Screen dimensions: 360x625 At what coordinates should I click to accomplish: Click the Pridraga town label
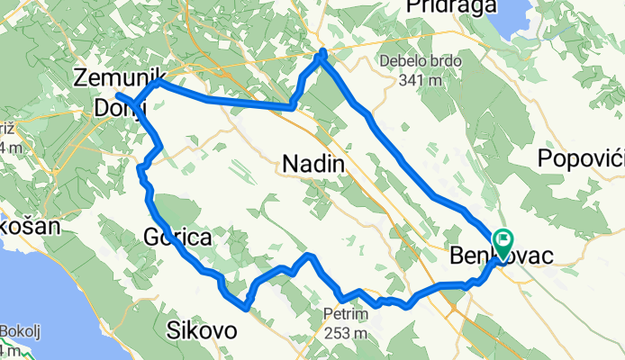[464, 7]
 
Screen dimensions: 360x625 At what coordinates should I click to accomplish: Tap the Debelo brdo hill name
[420, 61]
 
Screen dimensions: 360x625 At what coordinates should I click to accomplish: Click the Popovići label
[581, 158]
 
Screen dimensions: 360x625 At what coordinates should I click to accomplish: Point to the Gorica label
[177, 238]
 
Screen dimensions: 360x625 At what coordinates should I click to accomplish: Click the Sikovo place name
[202, 331]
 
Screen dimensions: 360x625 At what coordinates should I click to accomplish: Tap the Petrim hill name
[345, 315]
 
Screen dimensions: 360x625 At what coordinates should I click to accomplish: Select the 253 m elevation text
[346, 334]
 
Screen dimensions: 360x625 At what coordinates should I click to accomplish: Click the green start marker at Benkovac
[501, 240]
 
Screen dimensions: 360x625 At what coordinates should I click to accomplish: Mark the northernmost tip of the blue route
[322, 54]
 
